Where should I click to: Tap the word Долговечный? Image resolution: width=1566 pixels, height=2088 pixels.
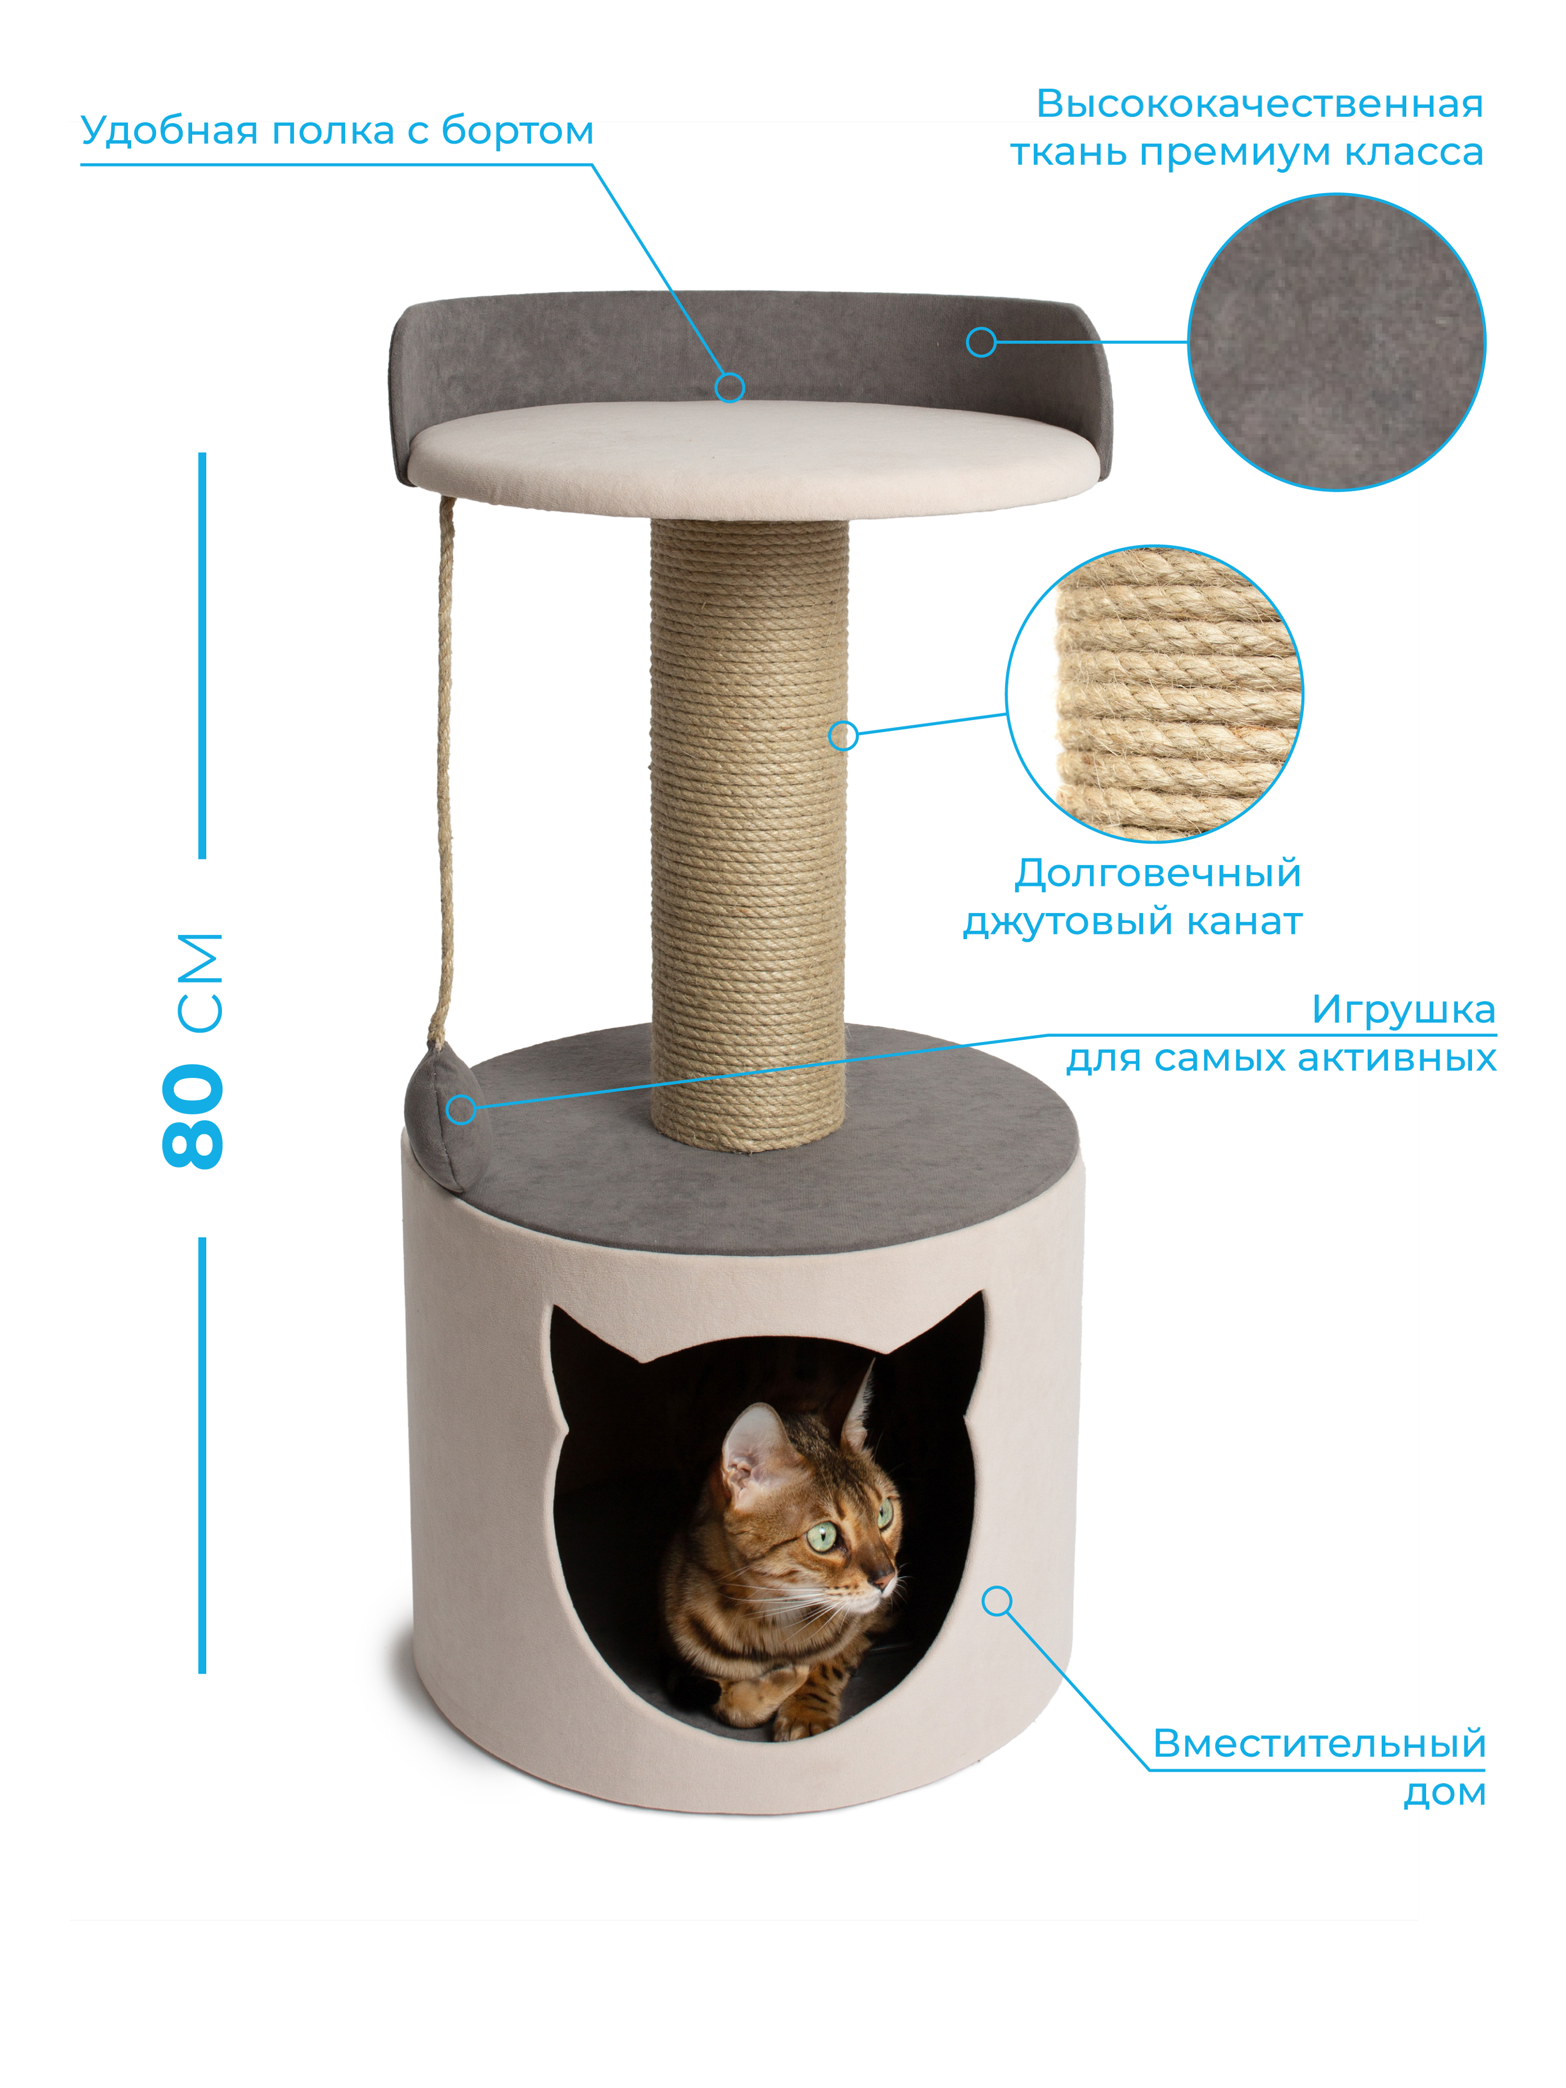tap(1157, 874)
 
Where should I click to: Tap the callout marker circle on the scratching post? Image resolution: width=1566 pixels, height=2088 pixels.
tap(843, 735)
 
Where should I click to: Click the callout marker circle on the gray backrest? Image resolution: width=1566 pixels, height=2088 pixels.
tap(982, 342)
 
